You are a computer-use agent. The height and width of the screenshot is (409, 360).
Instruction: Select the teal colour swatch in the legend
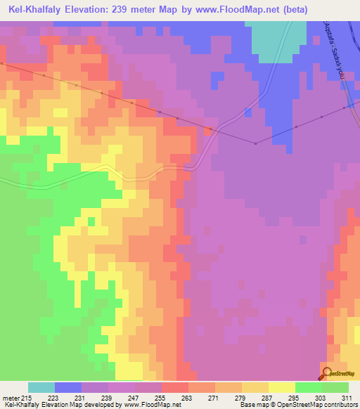pos(41,387)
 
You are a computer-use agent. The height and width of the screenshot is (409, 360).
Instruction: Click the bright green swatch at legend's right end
pos(335,387)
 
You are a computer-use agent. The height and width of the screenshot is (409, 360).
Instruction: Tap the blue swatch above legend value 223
pos(68,387)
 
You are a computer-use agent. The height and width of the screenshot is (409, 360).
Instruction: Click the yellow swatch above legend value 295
pos(282,387)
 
